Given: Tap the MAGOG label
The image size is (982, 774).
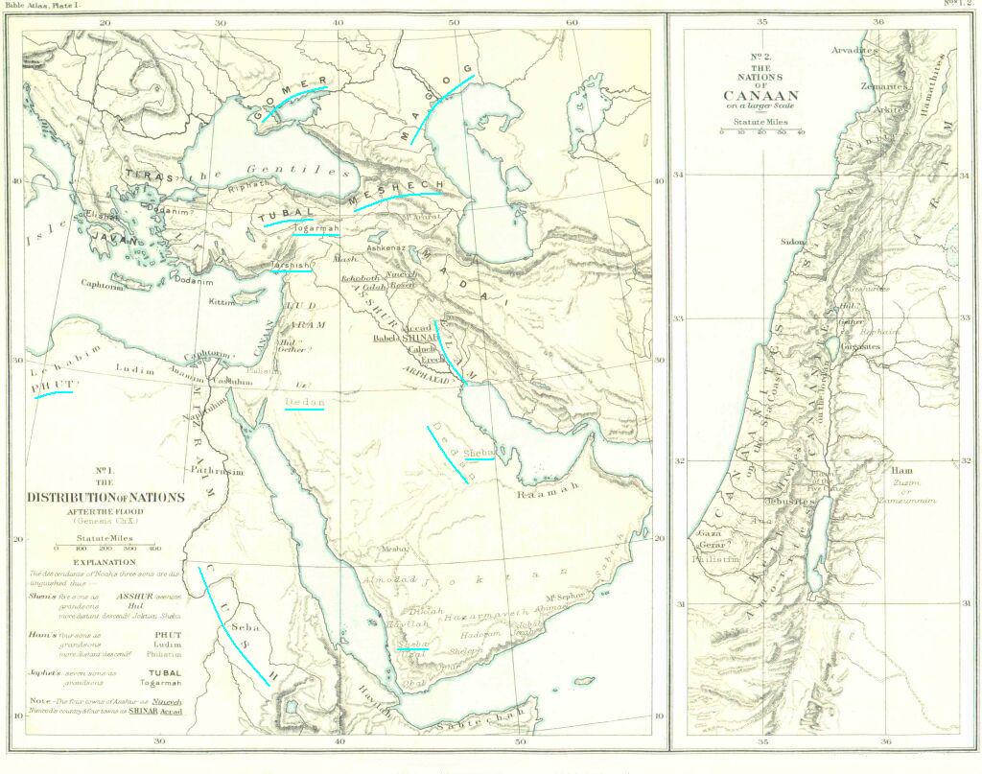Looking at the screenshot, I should [x=436, y=104].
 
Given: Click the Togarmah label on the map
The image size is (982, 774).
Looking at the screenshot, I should [x=316, y=229].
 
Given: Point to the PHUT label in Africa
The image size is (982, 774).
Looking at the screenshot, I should [x=53, y=386].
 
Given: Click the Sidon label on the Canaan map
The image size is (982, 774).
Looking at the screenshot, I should [x=793, y=243].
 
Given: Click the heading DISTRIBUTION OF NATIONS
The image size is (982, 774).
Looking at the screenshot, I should [x=106, y=497].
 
